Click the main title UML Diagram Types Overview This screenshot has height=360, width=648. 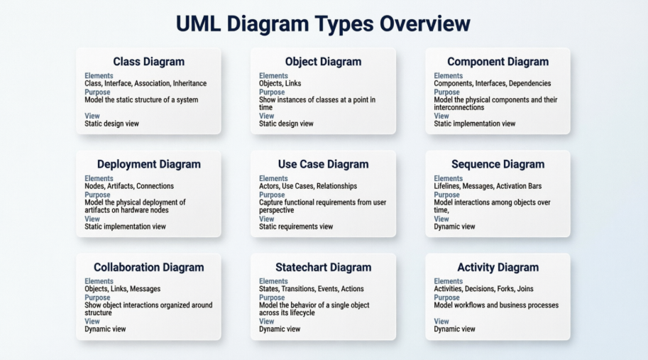pyautogui.click(x=323, y=23)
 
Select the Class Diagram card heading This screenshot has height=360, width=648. pyautogui.click(x=149, y=62)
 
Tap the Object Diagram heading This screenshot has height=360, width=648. pyautogui.click(x=323, y=62)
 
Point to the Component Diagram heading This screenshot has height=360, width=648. pyautogui.click(x=498, y=62)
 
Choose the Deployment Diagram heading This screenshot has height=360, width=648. pyautogui.click(x=149, y=165)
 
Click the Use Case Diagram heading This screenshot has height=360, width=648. pyautogui.click(x=323, y=164)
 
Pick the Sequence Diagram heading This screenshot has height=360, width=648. pyautogui.click(x=498, y=165)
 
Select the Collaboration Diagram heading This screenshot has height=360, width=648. pyautogui.click(x=149, y=267)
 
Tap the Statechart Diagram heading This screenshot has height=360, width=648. pyautogui.click(x=323, y=267)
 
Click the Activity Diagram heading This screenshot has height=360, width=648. pyautogui.click(x=498, y=268)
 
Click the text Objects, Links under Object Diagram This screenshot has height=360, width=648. pyautogui.click(x=280, y=84)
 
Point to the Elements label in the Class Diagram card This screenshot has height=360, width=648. pyautogui.click(x=99, y=76)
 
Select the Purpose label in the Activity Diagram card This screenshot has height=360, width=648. pyautogui.click(x=446, y=298)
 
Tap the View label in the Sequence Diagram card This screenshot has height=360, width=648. pyautogui.click(x=441, y=219)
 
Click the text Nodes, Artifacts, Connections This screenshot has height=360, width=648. pyautogui.click(x=129, y=186)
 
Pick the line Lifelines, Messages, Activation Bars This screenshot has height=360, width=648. pyautogui.click(x=488, y=186)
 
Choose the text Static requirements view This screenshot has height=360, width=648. pyautogui.click(x=296, y=227)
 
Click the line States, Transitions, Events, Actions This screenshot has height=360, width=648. pyautogui.click(x=311, y=289)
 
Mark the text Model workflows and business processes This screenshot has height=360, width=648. pyautogui.click(x=496, y=305)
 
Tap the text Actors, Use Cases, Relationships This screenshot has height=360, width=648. pyautogui.click(x=308, y=186)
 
